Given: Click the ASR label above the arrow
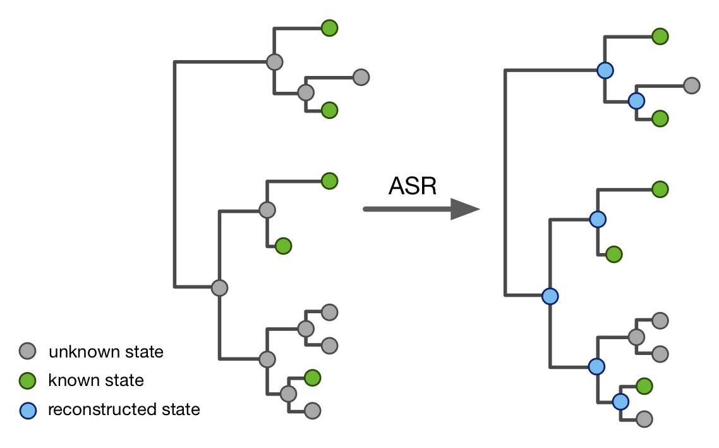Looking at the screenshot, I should [x=412, y=186].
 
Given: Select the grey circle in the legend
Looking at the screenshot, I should [x=28, y=351].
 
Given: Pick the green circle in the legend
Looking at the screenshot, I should [x=28, y=380].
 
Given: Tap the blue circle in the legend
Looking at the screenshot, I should [x=28, y=409].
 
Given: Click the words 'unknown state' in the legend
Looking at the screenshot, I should [x=106, y=351].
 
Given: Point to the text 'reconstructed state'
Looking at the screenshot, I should [x=124, y=409].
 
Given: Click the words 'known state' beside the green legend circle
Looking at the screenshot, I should [x=96, y=380].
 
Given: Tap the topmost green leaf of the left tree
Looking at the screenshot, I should [x=329, y=28].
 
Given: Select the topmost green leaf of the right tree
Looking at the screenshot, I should [x=660, y=36].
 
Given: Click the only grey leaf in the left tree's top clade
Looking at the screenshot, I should [x=361, y=77].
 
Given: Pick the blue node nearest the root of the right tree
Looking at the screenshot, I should [x=550, y=296].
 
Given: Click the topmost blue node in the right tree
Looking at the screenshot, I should [x=605, y=70].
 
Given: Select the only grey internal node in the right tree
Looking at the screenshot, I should [x=636, y=337].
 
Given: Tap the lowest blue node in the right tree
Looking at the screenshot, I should [x=620, y=401].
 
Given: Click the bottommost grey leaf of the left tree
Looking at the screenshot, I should [x=312, y=411].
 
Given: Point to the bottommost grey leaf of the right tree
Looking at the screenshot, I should [x=644, y=418].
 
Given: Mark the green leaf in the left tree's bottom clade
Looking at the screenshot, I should [x=312, y=378].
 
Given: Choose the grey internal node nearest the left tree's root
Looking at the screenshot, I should [x=219, y=287].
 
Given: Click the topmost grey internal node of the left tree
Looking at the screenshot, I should [x=274, y=62].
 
